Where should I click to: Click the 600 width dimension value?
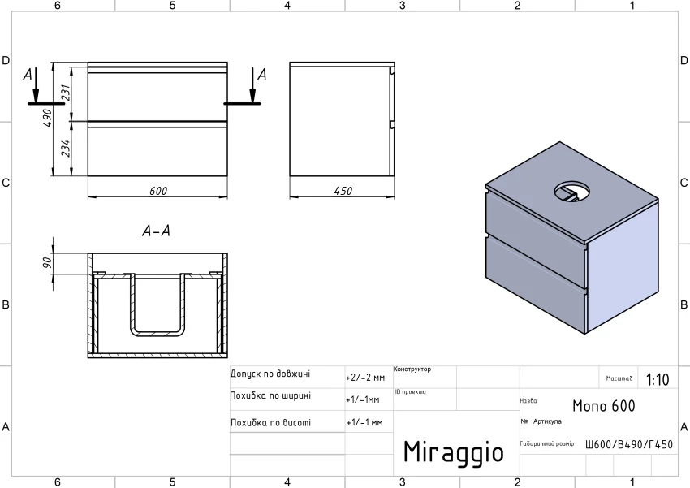158,191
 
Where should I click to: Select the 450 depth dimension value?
343,191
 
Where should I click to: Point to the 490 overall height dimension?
48,118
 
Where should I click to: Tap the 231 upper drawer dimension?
66,93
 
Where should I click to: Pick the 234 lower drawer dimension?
66,149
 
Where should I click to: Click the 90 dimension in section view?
48,263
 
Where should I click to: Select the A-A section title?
156,231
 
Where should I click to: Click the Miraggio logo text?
454,452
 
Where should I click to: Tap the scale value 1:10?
658,379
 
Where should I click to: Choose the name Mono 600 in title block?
604,406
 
